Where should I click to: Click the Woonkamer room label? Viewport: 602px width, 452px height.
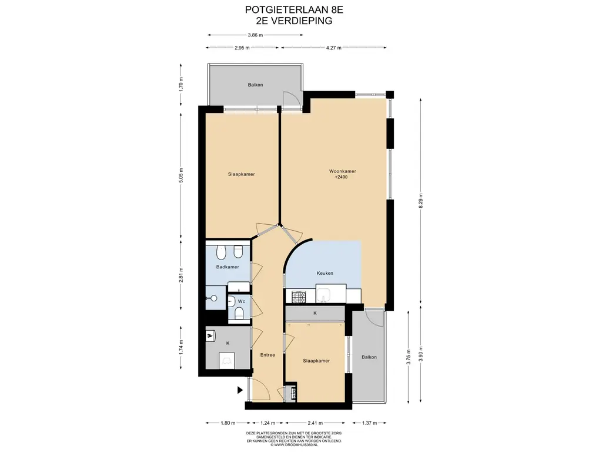[x=343, y=171]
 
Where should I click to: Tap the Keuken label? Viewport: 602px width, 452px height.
[x=325, y=273]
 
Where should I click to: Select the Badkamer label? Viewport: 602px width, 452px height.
[x=228, y=267]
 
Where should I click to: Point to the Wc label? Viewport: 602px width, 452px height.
[x=242, y=301]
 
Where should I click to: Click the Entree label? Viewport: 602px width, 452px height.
[x=267, y=355]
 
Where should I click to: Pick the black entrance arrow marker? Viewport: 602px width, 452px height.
[x=240, y=390]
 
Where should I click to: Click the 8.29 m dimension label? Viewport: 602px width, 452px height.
[x=421, y=201]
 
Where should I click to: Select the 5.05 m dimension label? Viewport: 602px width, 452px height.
[x=181, y=175]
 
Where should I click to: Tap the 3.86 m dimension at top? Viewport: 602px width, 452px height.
[x=255, y=35]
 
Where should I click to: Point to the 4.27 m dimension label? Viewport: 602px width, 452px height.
[x=334, y=48]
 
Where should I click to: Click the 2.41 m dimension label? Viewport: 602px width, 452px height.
[x=315, y=423]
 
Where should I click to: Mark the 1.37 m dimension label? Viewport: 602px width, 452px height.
[x=369, y=423]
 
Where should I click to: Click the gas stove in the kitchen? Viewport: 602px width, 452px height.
[x=299, y=297]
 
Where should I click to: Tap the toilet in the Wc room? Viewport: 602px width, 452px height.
[x=239, y=313]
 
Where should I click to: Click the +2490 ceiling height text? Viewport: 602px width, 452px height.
[x=342, y=177]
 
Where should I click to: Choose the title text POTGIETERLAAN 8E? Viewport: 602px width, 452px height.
[x=294, y=9]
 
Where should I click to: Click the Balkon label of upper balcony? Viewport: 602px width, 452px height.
[x=255, y=85]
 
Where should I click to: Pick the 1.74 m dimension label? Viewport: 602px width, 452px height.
[x=181, y=347]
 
